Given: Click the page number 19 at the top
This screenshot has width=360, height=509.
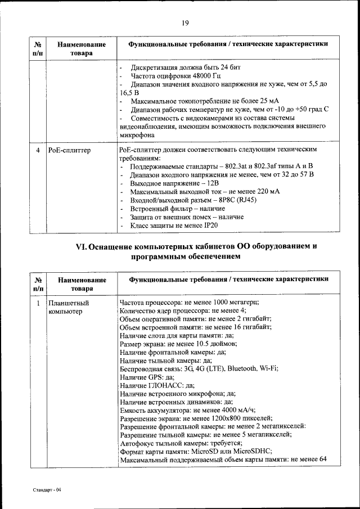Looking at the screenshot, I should pos(184,23).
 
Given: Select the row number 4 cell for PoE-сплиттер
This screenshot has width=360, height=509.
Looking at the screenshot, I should pos(38,150).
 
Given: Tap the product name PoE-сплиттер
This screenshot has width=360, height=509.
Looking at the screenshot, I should pos(70,150).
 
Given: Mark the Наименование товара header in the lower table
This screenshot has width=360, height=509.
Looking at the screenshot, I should pos(81,284).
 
